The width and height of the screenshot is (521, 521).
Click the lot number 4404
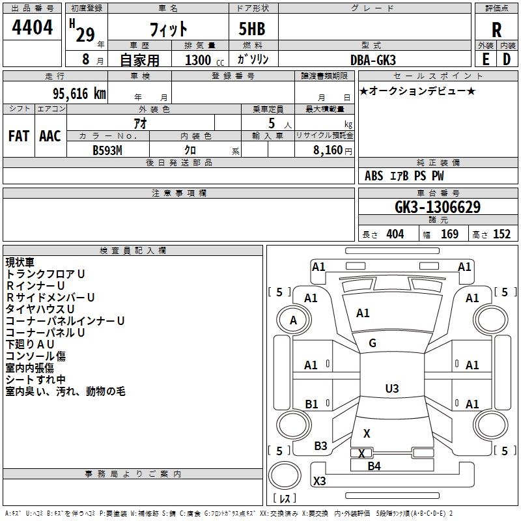[32, 28]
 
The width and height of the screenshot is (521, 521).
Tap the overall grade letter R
[496, 30]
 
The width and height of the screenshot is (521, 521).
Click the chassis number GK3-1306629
[438, 208]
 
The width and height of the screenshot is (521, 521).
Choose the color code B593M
[108, 150]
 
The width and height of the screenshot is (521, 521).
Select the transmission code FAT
[18, 136]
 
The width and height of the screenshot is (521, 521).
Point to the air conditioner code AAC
[50, 136]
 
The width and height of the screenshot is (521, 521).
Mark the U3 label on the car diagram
[391, 389]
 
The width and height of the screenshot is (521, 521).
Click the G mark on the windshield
[373, 343]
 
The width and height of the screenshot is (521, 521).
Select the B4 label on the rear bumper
[374, 466]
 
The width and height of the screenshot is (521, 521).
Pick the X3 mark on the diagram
[319, 481]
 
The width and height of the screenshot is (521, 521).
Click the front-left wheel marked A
[293, 320]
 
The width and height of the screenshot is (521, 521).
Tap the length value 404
[394, 234]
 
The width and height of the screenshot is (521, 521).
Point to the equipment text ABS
[374, 176]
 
